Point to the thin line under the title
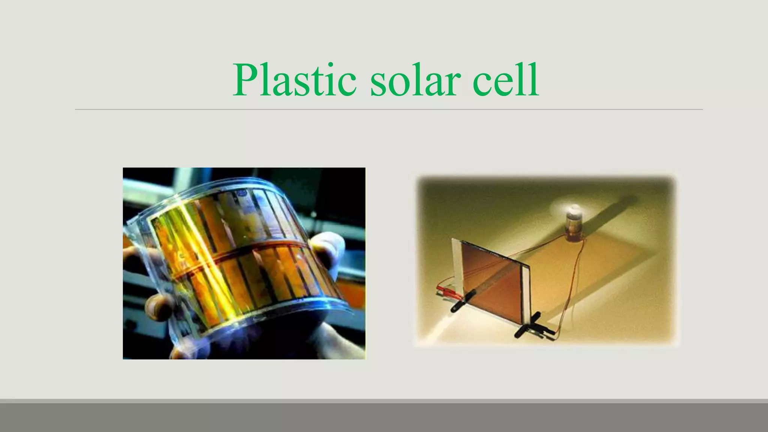pyautogui.click(x=388, y=109)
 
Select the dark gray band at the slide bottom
pyautogui.click(x=384, y=417)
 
